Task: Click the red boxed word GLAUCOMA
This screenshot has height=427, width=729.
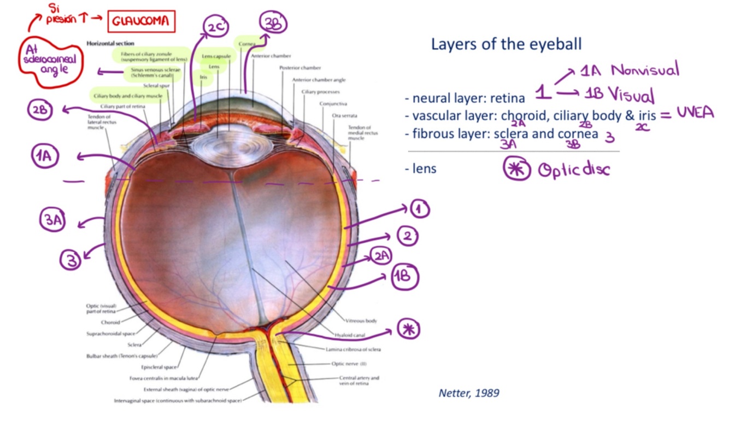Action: tap(142, 22)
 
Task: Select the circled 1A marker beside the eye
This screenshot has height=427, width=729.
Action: tap(45, 156)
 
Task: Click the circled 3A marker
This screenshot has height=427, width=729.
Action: tap(52, 220)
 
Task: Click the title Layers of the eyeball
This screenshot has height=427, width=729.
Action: tap(507, 44)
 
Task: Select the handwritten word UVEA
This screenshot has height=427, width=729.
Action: tap(695, 113)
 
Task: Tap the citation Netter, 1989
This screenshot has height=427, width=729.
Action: tap(469, 393)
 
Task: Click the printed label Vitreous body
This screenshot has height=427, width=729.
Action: tap(361, 321)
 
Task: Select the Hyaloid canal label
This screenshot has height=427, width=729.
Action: tap(350, 335)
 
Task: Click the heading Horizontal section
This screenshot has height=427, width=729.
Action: tap(110, 43)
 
